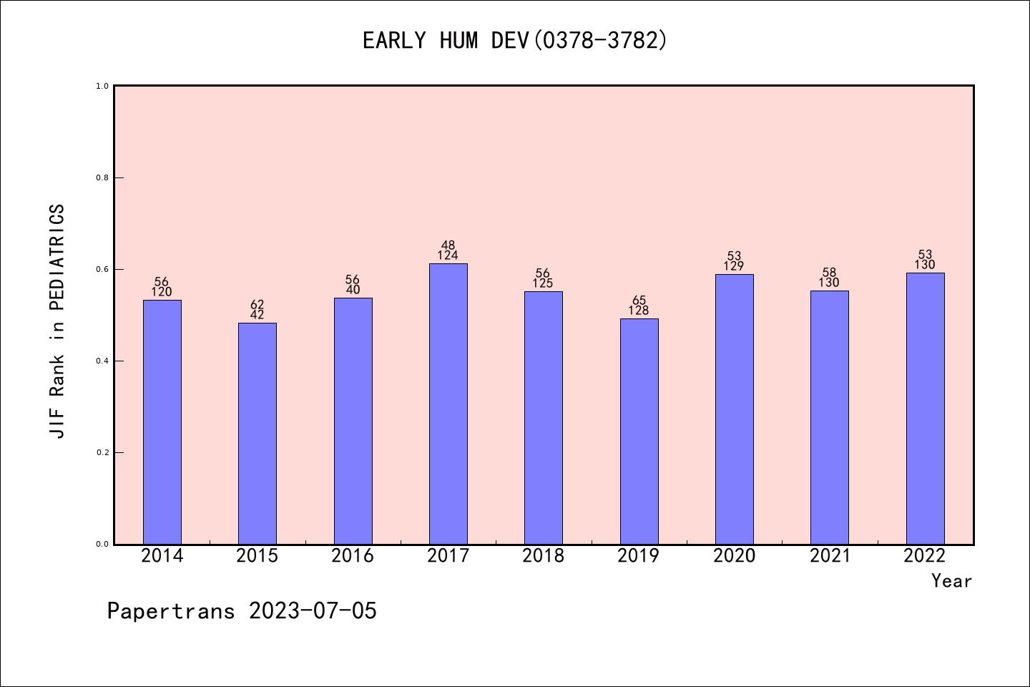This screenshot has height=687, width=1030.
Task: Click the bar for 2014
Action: click(x=162, y=422)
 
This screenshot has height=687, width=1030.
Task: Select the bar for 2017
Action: click(x=448, y=404)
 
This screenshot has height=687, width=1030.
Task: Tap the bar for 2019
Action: click(x=639, y=432)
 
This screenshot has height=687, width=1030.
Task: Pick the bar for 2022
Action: click(x=925, y=409)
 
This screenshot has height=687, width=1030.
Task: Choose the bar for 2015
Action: click(x=257, y=434)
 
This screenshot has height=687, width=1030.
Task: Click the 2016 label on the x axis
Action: click(x=353, y=556)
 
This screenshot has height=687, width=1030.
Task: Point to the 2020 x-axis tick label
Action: click(x=734, y=556)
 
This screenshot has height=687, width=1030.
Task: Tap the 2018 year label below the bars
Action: click(x=543, y=556)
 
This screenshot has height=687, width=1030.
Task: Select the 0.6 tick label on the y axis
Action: click(x=102, y=269)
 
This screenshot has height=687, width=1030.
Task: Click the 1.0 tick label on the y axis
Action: click(x=102, y=86)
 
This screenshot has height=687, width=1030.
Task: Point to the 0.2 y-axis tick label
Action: click(x=102, y=452)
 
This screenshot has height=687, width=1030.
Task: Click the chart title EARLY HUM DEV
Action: click(x=515, y=41)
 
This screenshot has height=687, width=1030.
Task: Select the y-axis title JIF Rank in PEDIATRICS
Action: click(x=57, y=321)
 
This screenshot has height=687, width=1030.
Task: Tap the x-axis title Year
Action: click(x=951, y=581)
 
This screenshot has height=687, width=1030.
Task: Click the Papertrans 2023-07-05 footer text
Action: click(x=242, y=611)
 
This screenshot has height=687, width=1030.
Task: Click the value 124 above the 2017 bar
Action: click(x=448, y=255)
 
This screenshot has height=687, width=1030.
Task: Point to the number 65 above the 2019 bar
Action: click(x=639, y=301)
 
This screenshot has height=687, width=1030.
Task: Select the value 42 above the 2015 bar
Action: click(x=257, y=315)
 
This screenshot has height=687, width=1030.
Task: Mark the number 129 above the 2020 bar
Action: click(x=734, y=266)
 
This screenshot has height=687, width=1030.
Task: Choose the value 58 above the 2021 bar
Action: click(x=829, y=273)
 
